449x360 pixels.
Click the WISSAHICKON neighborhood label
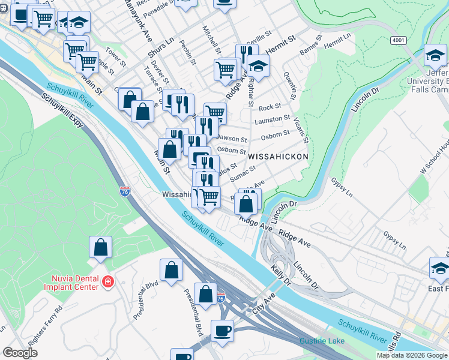278,157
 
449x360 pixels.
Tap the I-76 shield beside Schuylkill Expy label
125,191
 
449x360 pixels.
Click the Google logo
21,353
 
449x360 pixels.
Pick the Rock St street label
266,108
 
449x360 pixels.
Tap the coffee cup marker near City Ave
222,331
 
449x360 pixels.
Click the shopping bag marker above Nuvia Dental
101,247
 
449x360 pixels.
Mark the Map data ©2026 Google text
411,355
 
